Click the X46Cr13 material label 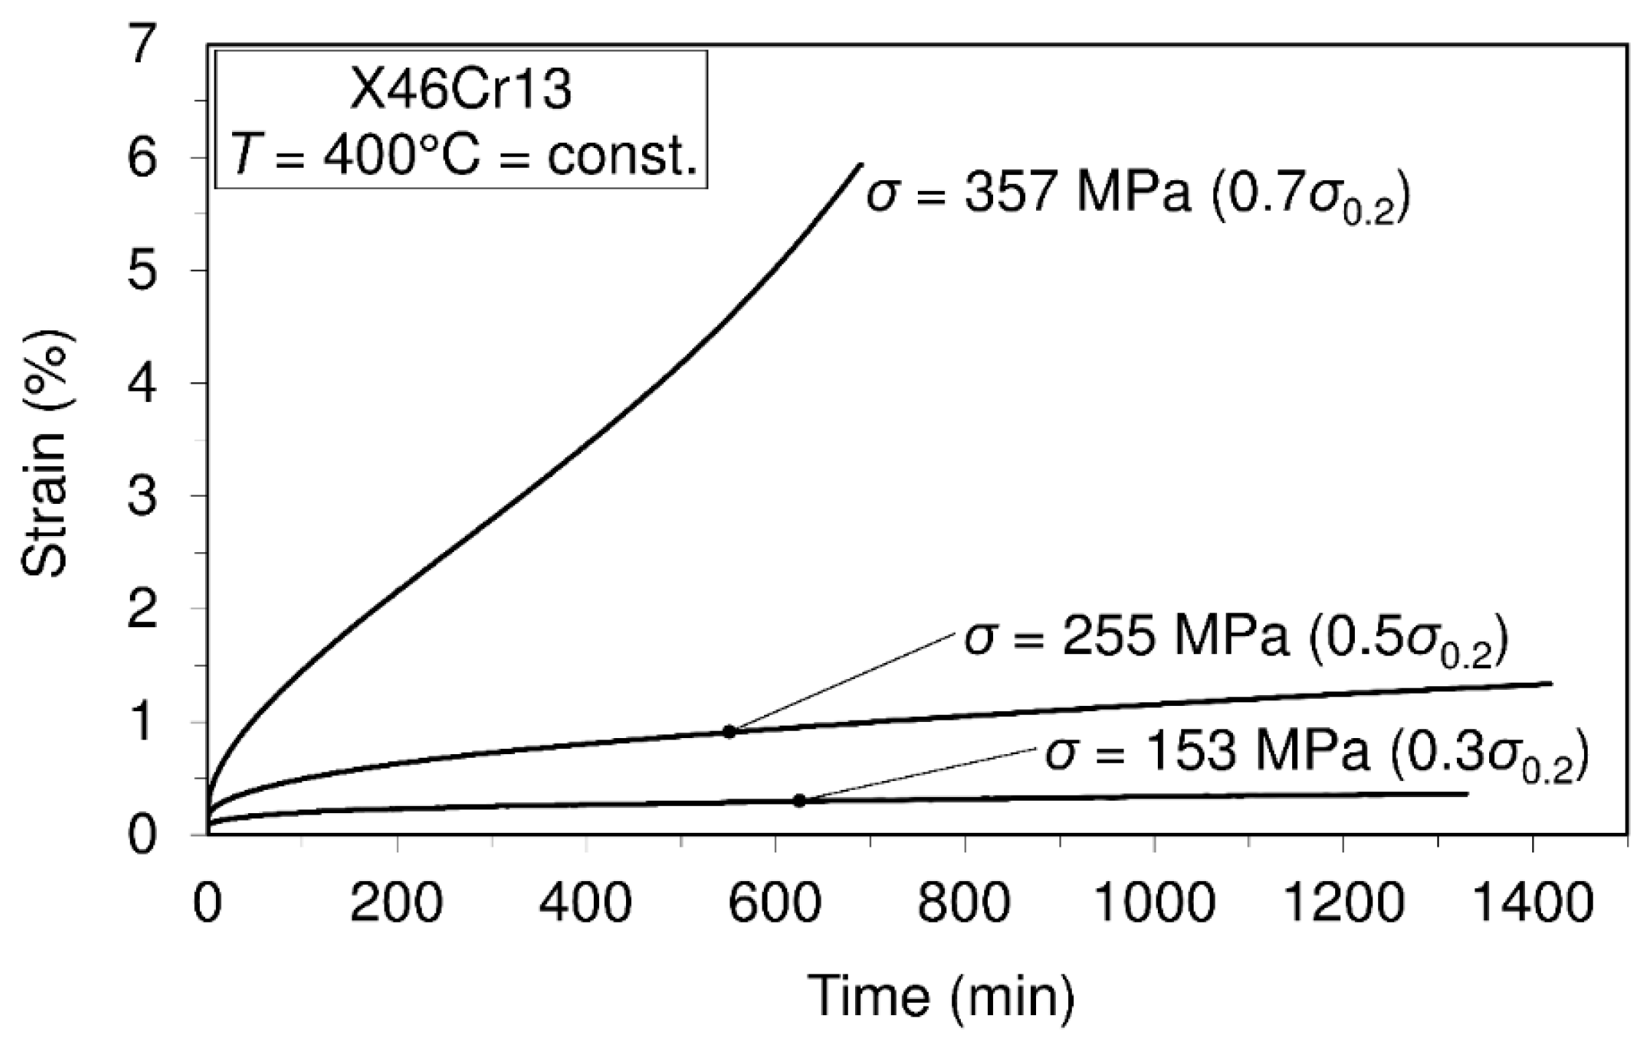[460, 93]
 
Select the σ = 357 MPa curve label [1136, 195]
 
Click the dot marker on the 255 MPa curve [729, 731]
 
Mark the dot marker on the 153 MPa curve [800, 801]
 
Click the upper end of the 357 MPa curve [861, 165]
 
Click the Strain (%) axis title [45, 454]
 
